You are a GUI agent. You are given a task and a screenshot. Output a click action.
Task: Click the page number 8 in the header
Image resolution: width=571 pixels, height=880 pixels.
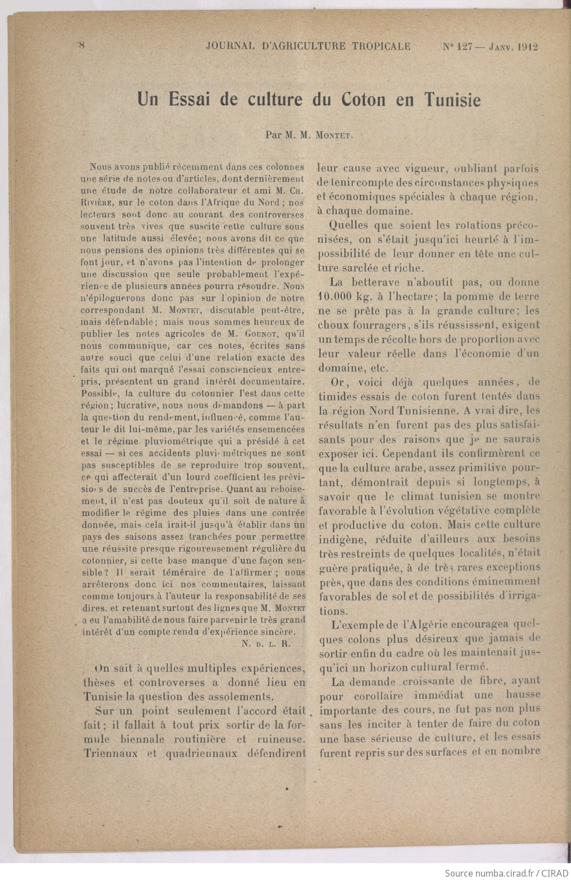81,46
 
